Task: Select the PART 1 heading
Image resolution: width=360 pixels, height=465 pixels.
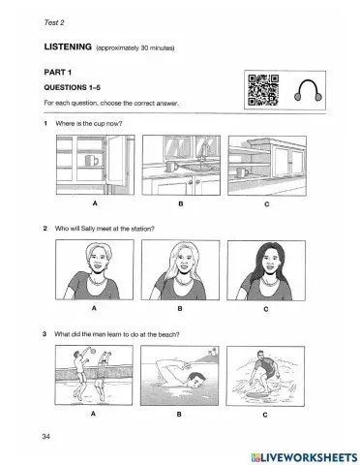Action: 59,71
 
